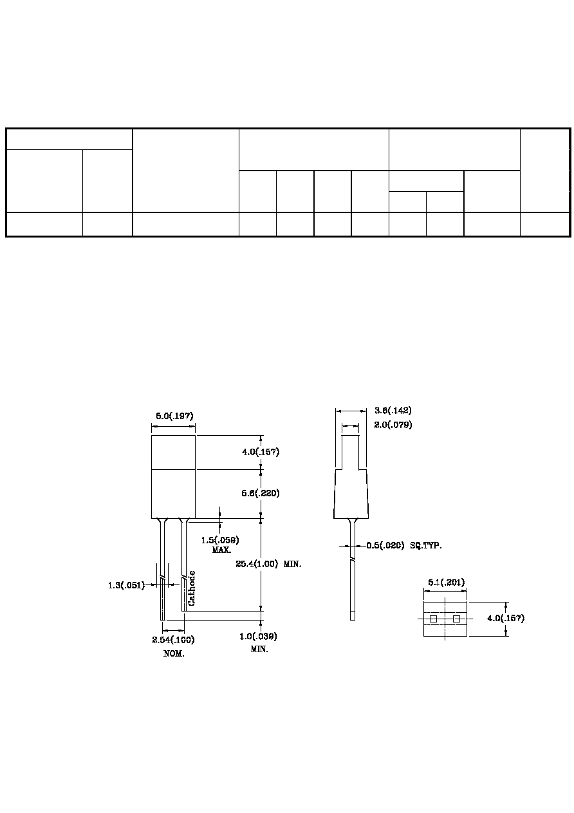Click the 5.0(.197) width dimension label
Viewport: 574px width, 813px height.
coord(174,416)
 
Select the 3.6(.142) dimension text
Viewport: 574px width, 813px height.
coord(393,411)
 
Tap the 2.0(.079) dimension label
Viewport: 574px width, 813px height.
coord(393,425)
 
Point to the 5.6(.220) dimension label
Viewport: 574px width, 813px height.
coord(261,493)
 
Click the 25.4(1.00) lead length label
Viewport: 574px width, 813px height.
coord(257,564)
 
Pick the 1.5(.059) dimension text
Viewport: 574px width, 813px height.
coord(220,540)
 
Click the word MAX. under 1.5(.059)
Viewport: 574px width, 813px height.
coord(222,550)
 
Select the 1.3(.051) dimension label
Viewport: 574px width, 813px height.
coord(126,585)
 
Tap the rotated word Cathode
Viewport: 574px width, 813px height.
coord(192,588)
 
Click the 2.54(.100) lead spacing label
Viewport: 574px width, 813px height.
coord(174,639)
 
